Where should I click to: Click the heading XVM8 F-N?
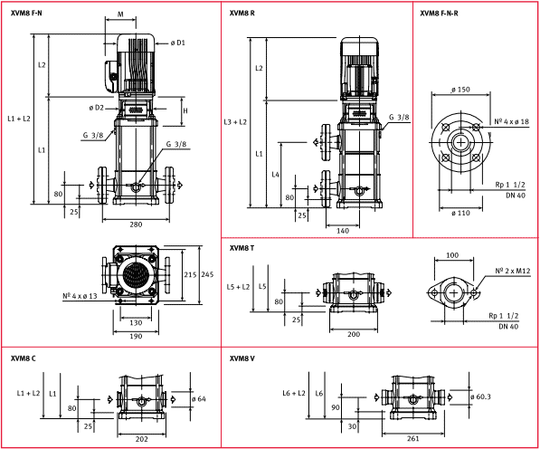tap(26, 14)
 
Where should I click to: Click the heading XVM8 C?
tap(24, 358)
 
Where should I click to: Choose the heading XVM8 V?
tap(242, 358)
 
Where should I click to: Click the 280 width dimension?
tap(137, 224)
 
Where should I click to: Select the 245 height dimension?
tap(207, 273)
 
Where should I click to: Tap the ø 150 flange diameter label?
tap(459, 90)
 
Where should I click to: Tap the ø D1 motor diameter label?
tap(177, 43)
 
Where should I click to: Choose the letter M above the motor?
tap(121, 14)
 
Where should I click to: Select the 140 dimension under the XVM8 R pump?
tap(343, 231)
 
